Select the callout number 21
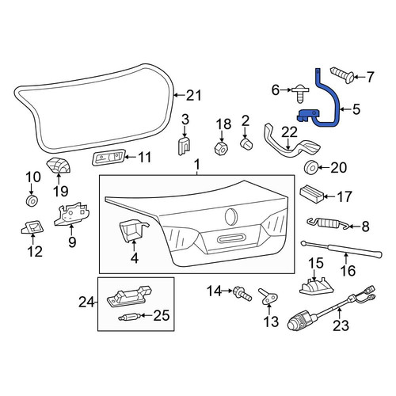pos(194,95)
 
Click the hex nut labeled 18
pos(221,149)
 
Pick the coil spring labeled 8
pos(327,223)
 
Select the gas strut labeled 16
pos(342,249)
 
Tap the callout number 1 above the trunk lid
pos(197,166)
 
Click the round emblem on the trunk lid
pos(231,217)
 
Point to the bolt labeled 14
pos(242,295)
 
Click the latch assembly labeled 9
pos(71,213)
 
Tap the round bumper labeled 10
pos(32,201)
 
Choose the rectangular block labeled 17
pos(312,194)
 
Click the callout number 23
pos(341,326)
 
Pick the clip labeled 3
pos(184,146)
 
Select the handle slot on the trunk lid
pos(231,239)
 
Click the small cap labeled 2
pos(246,144)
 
